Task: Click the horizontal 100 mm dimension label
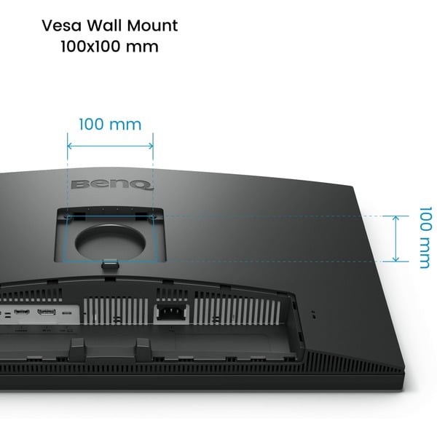pyautogui.click(x=110, y=125)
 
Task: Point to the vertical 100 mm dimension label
pyautogui.click(x=423, y=237)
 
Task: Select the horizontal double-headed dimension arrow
pyautogui.click(x=110, y=145)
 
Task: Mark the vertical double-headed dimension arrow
pyautogui.click(x=396, y=237)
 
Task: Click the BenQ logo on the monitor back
pyautogui.click(x=112, y=185)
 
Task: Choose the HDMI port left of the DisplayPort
pyautogui.click(x=22, y=313)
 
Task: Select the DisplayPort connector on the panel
pyautogui.click(x=47, y=313)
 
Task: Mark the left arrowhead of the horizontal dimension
pyautogui.click(x=69, y=145)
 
